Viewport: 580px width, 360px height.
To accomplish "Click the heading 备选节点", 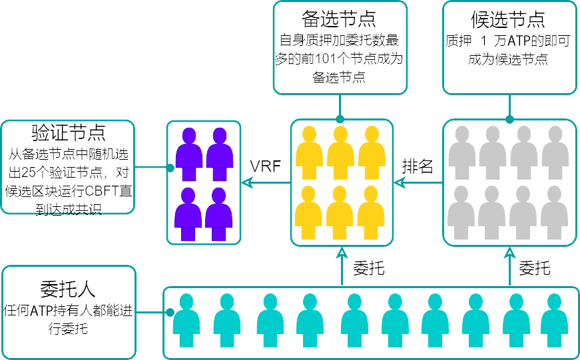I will point(340,18).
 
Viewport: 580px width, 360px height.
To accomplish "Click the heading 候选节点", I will point(509,18).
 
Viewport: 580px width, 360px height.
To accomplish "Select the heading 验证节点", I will point(68,132).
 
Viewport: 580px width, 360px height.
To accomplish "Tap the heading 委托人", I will point(68,288).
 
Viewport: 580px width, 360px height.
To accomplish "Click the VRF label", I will point(265,166).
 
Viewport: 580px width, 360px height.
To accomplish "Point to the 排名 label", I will point(418,166).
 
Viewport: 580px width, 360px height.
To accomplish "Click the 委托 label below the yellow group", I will point(368,268).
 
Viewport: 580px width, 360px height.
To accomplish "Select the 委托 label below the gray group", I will point(534,268).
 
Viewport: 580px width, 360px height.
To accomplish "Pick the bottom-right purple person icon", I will point(219,213).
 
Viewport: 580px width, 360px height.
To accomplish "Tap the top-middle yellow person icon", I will point(340,152).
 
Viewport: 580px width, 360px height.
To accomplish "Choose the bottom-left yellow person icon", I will point(309,212).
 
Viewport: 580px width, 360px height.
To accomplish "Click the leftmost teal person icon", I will point(186,320).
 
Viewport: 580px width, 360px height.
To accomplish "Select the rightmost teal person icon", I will point(553,320).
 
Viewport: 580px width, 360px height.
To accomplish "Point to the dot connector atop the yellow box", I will point(340,120).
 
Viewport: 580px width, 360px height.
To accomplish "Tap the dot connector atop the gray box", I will point(509,120).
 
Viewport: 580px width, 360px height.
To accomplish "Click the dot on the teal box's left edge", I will point(170,312).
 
